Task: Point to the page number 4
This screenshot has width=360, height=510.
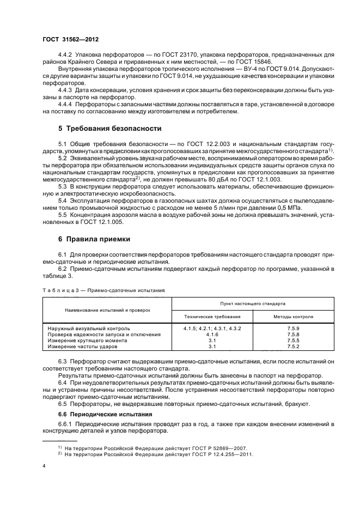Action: click(43, 466)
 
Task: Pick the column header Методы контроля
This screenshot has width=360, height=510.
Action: click(292, 316)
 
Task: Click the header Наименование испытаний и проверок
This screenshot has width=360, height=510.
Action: click(106, 309)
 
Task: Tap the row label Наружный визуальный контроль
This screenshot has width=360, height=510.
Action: click(88, 329)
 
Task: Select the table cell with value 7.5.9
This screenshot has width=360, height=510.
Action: click(293, 329)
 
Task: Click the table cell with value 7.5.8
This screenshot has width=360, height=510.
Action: click(293, 335)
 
